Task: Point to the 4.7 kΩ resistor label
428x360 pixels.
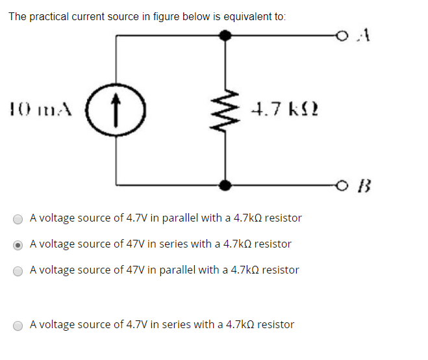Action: (284, 110)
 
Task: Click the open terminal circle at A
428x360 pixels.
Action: (342, 36)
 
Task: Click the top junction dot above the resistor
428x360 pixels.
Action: (225, 36)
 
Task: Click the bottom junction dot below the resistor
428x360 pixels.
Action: (225, 186)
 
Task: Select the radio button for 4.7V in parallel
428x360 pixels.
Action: (19, 219)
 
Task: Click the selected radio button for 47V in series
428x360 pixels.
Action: (19, 245)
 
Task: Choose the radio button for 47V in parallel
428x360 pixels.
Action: (19, 270)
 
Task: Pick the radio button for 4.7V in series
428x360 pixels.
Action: (19, 325)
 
